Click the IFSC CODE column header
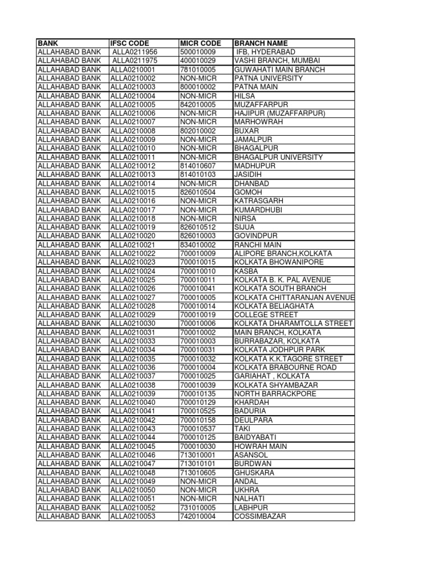click(x=129, y=43)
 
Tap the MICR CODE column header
click(x=200, y=43)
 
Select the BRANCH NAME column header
click(x=261, y=43)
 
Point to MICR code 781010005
click(x=198, y=70)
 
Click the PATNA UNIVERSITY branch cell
click(x=269, y=78)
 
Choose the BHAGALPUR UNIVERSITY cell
click(x=278, y=157)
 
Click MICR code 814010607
click(x=198, y=166)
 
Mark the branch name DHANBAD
click(x=252, y=184)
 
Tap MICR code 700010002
click(x=198, y=332)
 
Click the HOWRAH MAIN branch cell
click(x=261, y=447)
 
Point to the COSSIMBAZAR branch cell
click(x=260, y=517)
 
